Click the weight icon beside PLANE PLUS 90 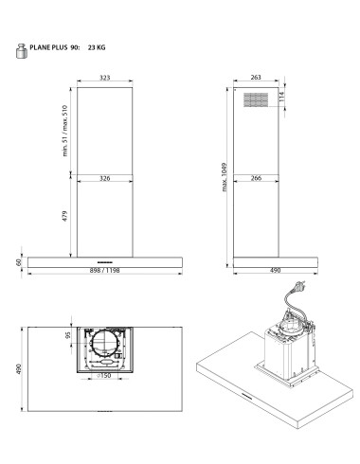point(22,51)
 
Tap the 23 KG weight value point(97,47)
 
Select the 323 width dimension point(105,78)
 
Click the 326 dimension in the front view point(105,178)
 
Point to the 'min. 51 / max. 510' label point(65,131)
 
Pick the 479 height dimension point(64,216)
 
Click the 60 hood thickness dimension point(18,262)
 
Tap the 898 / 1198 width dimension point(104,271)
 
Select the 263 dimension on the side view point(256,77)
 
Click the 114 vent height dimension point(281,97)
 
